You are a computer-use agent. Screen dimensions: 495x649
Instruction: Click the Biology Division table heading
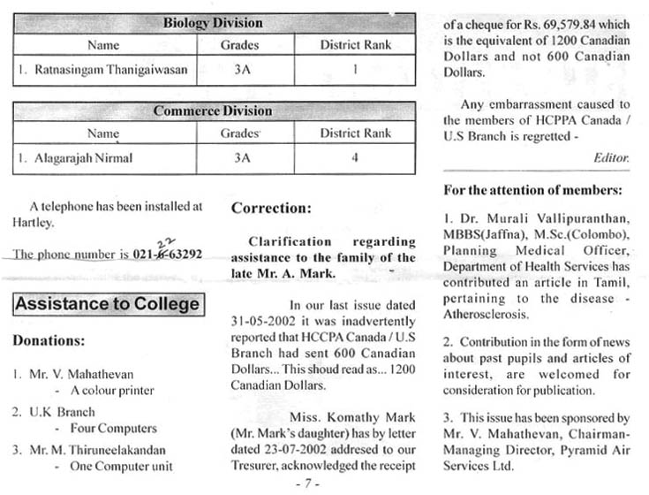213,23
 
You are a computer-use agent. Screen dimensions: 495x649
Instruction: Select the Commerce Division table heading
213,111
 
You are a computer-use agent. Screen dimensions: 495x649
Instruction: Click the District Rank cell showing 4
355,158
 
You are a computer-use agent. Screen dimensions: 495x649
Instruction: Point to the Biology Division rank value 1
355,69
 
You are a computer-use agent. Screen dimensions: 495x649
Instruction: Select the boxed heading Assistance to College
107,305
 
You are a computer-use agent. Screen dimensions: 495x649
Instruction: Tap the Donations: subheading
49,339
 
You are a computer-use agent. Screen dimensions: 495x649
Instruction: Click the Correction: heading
271,209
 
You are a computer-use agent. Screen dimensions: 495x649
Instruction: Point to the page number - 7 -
309,484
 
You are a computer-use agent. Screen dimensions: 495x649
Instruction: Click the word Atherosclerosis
487,314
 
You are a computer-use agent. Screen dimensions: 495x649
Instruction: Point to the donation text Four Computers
114,429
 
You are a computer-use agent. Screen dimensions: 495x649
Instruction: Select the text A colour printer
113,391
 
